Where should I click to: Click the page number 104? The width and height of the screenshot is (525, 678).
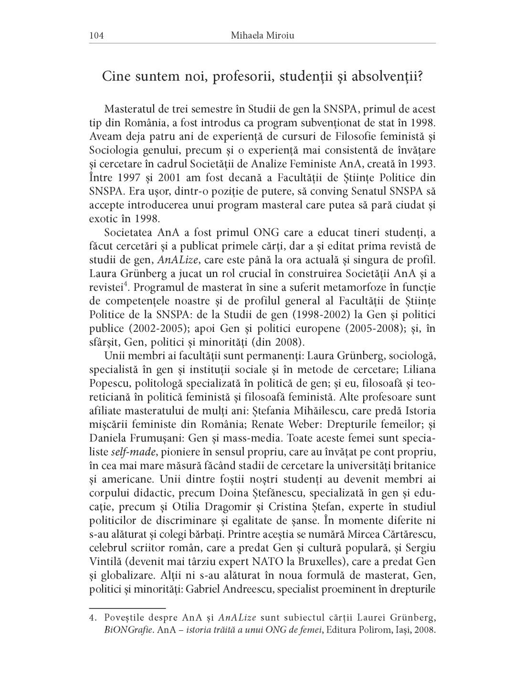(96, 36)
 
